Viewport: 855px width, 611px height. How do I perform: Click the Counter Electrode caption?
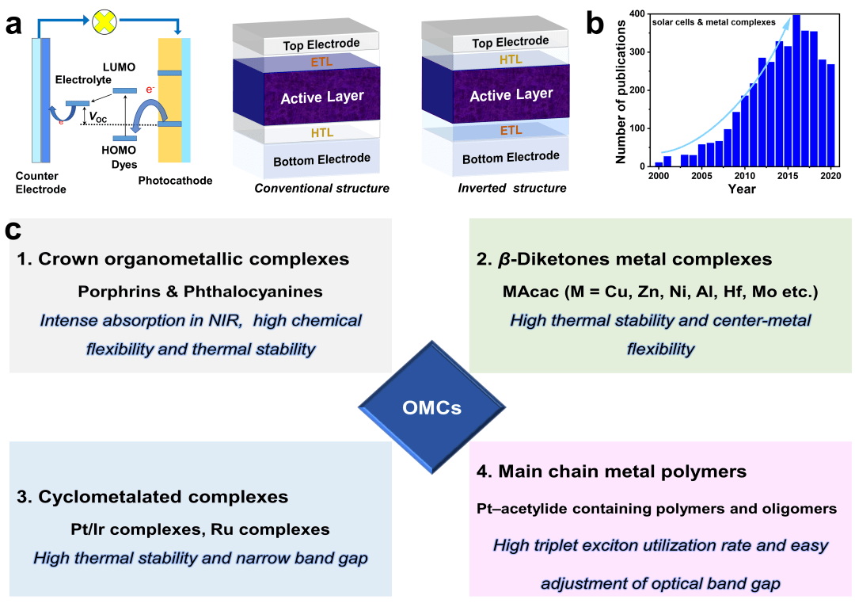(x=40, y=182)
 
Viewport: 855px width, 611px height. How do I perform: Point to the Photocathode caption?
(x=175, y=181)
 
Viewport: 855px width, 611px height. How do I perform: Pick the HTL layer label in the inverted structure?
(x=510, y=59)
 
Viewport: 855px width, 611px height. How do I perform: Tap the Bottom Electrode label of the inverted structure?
(x=511, y=157)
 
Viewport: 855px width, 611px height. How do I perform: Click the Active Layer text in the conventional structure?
(x=322, y=97)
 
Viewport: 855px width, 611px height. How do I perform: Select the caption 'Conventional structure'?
(x=322, y=189)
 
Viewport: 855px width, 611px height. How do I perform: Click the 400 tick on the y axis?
(x=639, y=13)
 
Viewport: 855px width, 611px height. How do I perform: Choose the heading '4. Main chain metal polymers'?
(x=611, y=472)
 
